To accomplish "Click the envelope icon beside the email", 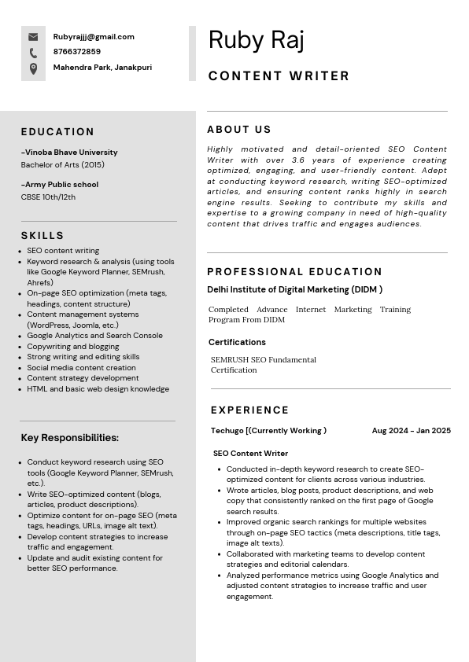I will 33,37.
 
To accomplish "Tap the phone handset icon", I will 33,53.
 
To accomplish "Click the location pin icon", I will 33,68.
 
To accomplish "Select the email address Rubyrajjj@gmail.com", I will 94,37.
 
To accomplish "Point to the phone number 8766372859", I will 77,52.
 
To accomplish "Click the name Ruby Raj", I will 256,40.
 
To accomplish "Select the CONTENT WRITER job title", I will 279,76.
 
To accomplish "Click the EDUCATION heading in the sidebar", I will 57,132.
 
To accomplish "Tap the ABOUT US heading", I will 239,130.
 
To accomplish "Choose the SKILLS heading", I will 42,236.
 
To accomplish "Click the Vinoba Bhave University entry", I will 69,153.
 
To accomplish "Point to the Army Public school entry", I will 60,185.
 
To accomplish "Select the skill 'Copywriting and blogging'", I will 73,346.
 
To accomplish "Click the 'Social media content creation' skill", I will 81,367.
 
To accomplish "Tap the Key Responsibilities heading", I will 69,438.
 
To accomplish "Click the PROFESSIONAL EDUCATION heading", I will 295,272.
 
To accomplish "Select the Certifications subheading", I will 237,342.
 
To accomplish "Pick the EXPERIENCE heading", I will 249,410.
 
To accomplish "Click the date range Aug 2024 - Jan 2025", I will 411,431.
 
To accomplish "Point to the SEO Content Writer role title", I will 250,454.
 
